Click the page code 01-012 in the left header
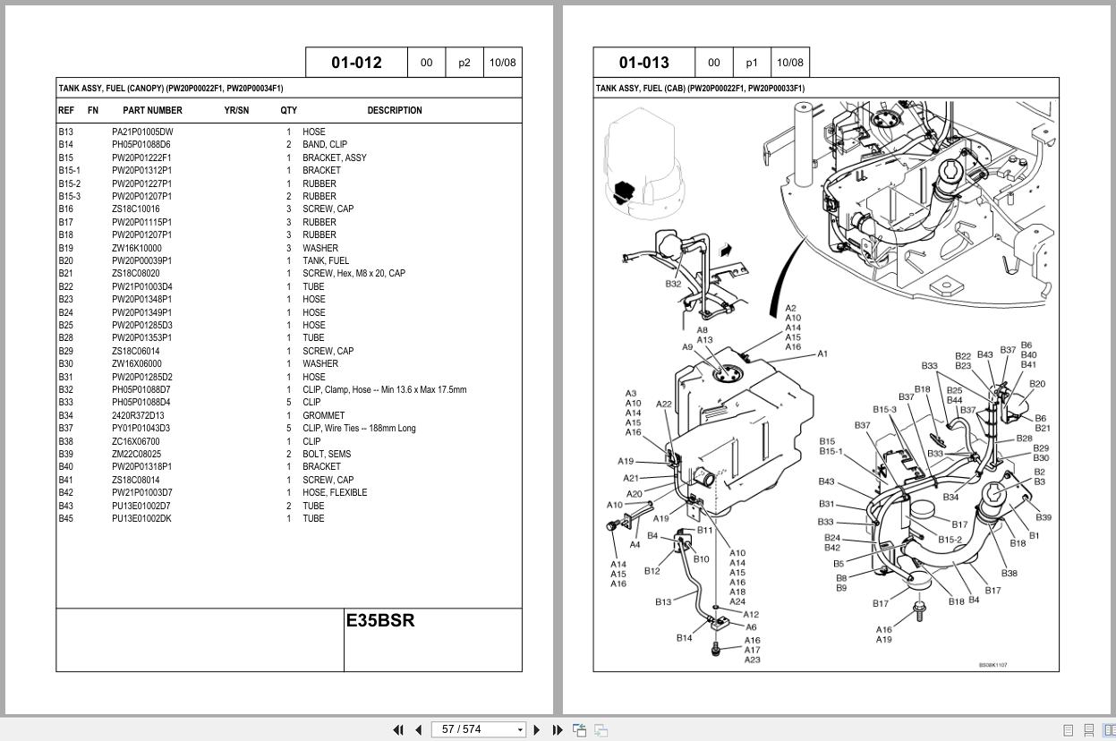coord(356,63)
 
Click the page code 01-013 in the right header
coord(643,63)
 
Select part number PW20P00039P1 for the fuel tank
coord(141,260)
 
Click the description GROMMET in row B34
coord(323,415)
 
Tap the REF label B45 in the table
coord(66,518)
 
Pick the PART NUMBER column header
coord(152,111)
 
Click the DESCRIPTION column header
coord(394,111)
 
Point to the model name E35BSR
coord(380,620)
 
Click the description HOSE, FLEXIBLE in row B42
coord(335,492)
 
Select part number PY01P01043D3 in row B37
coord(141,428)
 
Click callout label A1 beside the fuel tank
coord(822,353)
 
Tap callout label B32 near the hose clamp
coord(673,284)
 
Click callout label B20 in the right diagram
coord(1036,384)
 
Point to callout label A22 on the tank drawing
coord(663,405)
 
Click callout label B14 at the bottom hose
coord(684,638)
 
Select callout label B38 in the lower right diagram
coord(1009,573)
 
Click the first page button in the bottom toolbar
coord(398,729)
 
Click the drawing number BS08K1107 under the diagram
coord(992,665)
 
